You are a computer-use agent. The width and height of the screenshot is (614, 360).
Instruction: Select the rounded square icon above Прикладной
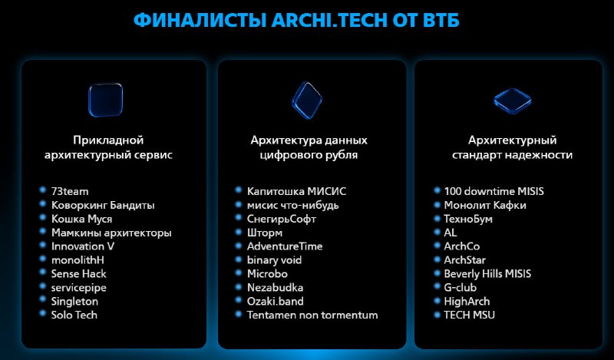pyautogui.click(x=106, y=100)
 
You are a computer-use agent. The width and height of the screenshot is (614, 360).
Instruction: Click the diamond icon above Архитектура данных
pyautogui.click(x=307, y=100)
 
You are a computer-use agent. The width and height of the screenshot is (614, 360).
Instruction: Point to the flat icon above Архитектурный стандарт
pyautogui.click(x=512, y=101)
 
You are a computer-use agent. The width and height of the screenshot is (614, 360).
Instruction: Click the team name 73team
pyautogui.click(x=70, y=192)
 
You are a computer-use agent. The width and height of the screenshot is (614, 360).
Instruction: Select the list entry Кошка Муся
pyautogui.click(x=81, y=219)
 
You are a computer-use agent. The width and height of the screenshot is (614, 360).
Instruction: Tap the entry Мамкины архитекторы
pyautogui.click(x=111, y=233)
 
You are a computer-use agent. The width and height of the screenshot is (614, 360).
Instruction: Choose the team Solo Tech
pyautogui.click(x=74, y=315)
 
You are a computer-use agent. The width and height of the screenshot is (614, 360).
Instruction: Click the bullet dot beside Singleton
pyautogui.click(x=43, y=299)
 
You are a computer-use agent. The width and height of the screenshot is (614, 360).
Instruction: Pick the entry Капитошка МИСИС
pyautogui.click(x=296, y=192)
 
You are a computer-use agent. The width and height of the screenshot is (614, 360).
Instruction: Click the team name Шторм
pyautogui.click(x=264, y=233)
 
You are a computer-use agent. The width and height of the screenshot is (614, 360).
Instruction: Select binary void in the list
pyautogui.click(x=274, y=260)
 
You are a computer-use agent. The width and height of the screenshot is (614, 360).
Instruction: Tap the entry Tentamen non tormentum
pyautogui.click(x=312, y=315)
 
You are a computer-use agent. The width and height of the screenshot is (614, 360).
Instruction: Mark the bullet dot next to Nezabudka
pyautogui.click(x=239, y=286)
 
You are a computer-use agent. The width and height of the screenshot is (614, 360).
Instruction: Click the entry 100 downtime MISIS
pyautogui.click(x=494, y=192)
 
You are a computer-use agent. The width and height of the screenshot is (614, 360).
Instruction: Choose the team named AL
pyautogui.click(x=451, y=233)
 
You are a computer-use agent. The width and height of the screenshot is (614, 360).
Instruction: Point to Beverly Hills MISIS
pyautogui.click(x=487, y=274)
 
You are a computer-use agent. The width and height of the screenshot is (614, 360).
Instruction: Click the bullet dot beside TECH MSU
pyautogui.click(x=437, y=313)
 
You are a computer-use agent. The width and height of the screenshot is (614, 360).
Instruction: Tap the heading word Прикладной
pyautogui.click(x=108, y=140)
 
